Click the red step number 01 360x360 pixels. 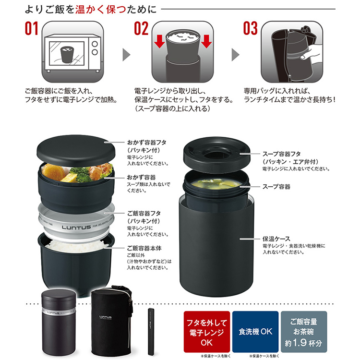coord(32,28)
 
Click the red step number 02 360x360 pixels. coord(141,28)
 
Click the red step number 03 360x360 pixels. coord(250,28)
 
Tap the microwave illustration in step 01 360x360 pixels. coord(72,53)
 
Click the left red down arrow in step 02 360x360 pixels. coord(159,41)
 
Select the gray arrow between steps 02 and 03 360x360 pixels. coord(235,55)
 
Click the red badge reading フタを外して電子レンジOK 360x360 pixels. coord(206,332)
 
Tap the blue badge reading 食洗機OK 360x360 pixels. coord(255,332)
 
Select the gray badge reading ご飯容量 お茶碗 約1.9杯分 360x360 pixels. coord(304,332)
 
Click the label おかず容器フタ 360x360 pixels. coord(147,143)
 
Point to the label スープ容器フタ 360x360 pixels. coord(281,154)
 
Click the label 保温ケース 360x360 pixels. coord(276,239)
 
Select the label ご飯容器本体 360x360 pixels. coord(144,249)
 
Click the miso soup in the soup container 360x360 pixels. coord(216,184)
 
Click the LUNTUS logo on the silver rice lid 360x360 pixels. coord(76,228)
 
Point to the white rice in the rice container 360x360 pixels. coord(76,246)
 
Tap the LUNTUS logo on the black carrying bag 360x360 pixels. coord(106,317)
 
